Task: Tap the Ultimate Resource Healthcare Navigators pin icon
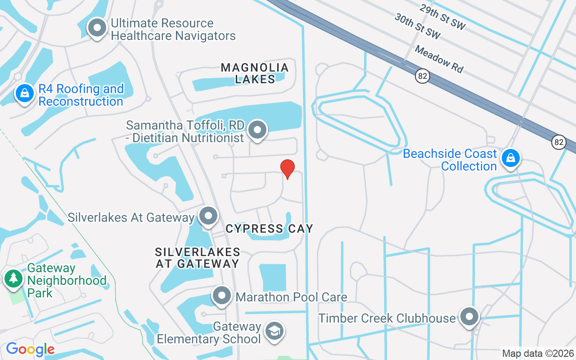click(97, 28)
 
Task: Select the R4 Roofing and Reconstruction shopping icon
click(25, 94)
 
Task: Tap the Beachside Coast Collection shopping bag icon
click(511, 158)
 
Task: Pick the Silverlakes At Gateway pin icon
click(208, 216)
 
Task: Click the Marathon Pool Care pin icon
click(221, 296)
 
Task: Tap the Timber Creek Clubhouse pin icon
click(469, 317)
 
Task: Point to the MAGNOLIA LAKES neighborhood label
click(255, 73)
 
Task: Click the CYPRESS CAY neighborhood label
click(269, 229)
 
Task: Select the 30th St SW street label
click(417, 26)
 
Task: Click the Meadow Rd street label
click(439, 58)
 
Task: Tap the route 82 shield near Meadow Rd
click(422, 76)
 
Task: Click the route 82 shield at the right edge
click(559, 142)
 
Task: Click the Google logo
click(30, 349)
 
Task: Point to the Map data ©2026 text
click(538, 353)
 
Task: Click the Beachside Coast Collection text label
click(450, 160)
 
